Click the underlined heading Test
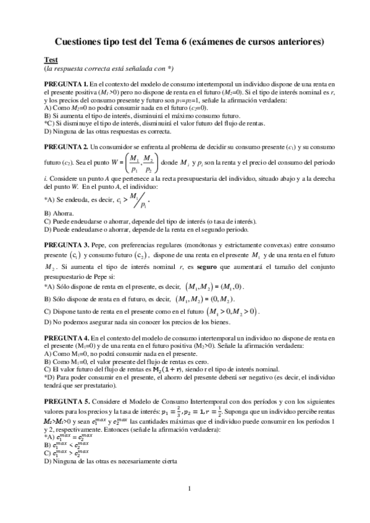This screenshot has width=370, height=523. point(51,59)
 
